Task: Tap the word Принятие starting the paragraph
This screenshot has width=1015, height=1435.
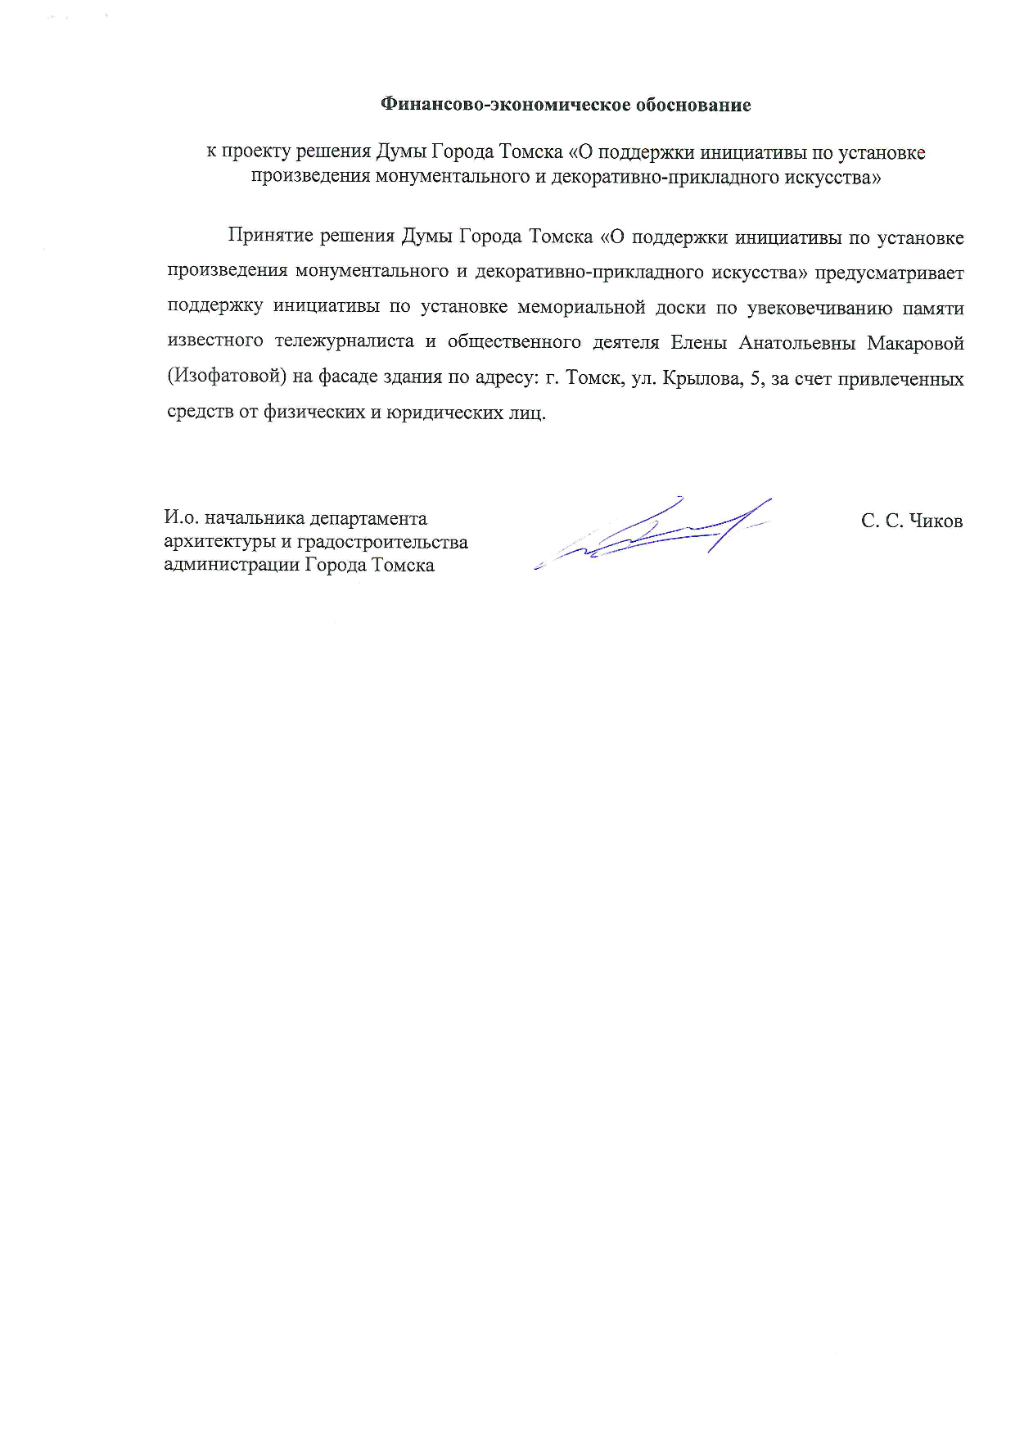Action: pyautogui.click(x=270, y=237)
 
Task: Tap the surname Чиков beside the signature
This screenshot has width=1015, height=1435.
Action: pyautogui.click(x=936, y=521)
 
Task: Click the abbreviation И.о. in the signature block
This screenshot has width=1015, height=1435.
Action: pyautogui.click(x=181, y=518)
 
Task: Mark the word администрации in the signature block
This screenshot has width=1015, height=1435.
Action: pyautogui.click(x=232, y=565)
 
